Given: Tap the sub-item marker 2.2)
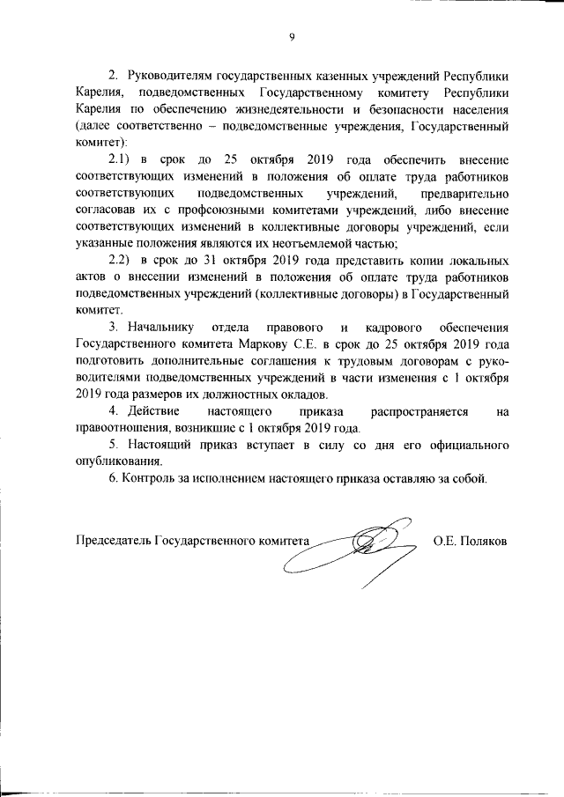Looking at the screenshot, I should coord(120,262).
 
